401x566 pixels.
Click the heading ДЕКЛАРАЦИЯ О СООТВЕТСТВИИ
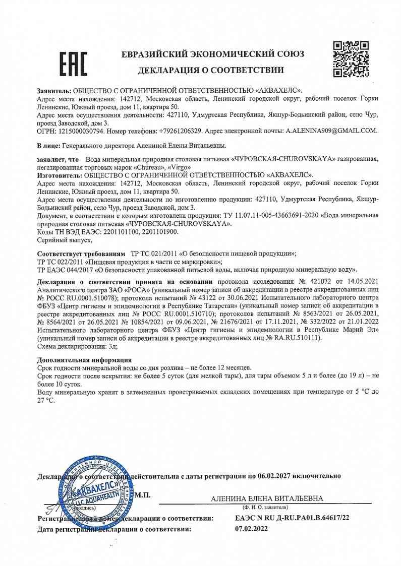click(x=211, y=70)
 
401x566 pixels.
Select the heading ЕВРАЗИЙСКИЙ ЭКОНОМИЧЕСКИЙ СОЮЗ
click(x=213, y=54)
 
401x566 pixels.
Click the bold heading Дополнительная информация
click(x=84, y=360)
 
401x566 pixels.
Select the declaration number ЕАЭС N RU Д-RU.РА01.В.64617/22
click(x=292, y=518)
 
